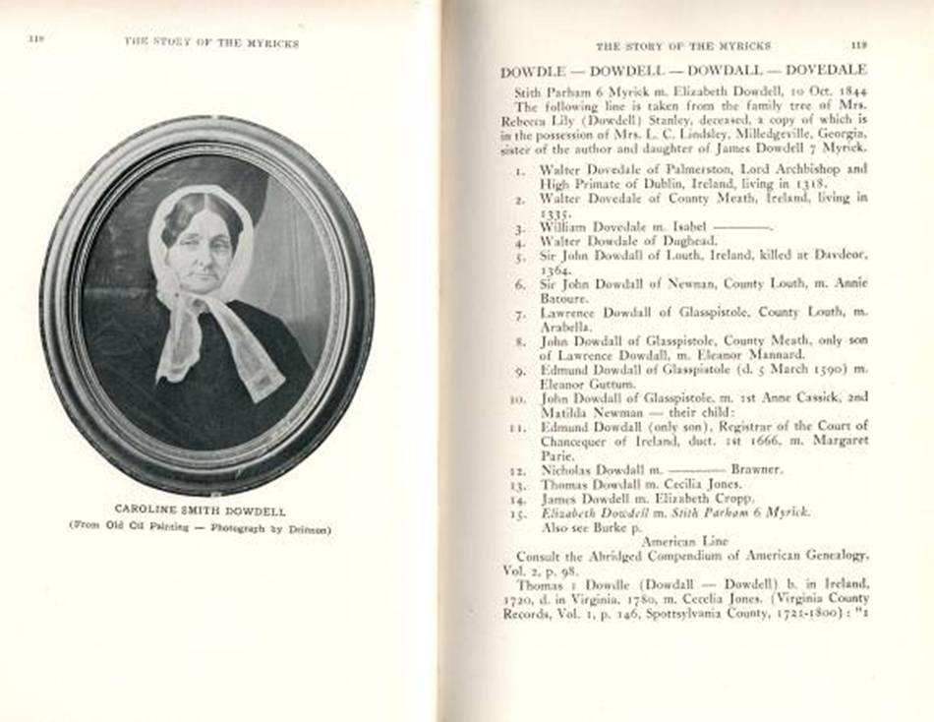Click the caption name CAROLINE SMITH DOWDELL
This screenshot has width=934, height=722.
pos(200,510)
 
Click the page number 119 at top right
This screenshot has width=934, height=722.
pos(858,44)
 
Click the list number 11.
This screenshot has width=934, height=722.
pos(519,428)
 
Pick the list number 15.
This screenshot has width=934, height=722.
pos(519,512)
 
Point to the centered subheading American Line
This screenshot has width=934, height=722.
pos(682,541)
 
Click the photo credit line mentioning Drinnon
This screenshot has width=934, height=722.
pos(200,527)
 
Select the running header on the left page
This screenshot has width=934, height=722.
pos(210,43)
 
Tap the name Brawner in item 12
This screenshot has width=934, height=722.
pos(756,469)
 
